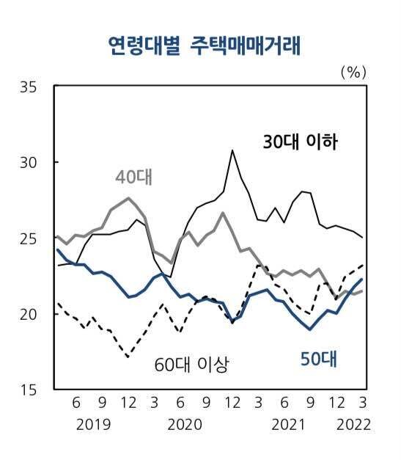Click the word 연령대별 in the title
(139, 47)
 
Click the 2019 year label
(92, 425)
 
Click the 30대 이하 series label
(300, 142)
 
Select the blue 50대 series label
(318, 359)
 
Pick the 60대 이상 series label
(192, 363)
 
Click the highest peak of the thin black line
(232, 150)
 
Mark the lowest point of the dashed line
(128, 357)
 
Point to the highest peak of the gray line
(129, 198)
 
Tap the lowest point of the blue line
(310, 329)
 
